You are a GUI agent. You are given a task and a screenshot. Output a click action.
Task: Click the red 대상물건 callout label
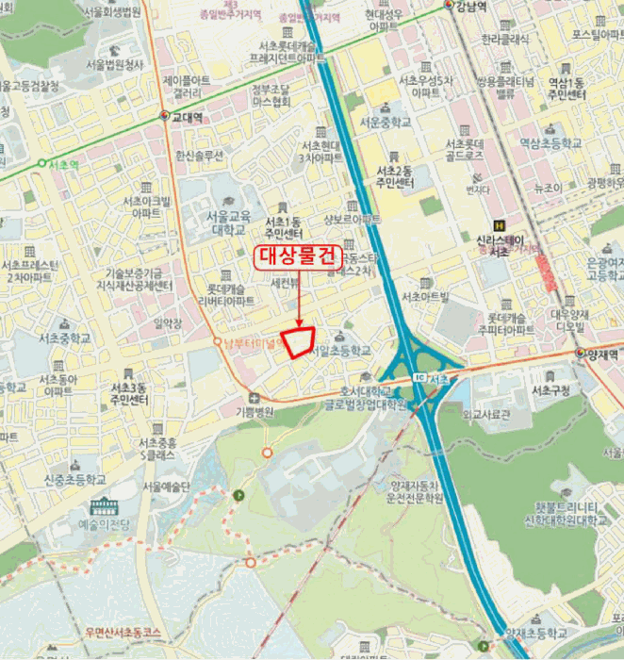(x=298, y=255)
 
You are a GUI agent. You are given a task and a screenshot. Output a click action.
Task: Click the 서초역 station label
(x=63, y=163)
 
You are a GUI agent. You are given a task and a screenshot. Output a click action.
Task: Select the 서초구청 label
(x=551, y=390)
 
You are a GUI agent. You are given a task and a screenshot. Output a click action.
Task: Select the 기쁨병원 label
(x=254, y=412)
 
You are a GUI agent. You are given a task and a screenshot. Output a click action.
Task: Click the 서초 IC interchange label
(x=437, y=379)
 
